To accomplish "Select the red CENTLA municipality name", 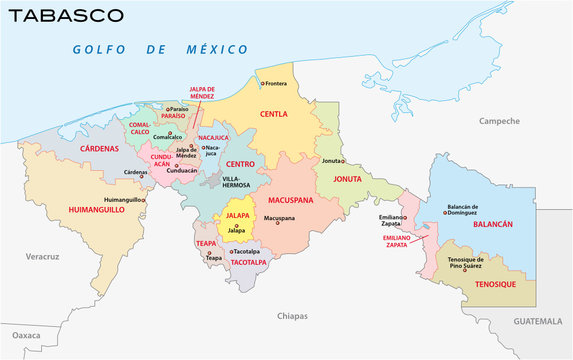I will [274, 114].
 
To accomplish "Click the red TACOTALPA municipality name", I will [249, 263].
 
